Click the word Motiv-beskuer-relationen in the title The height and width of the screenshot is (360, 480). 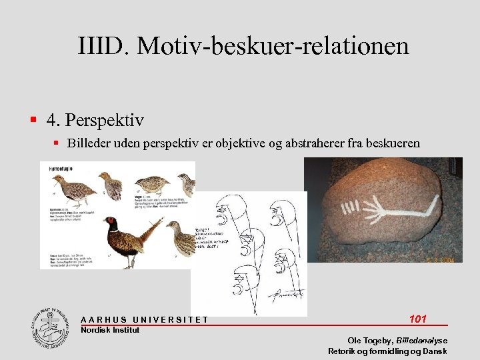(273, 46)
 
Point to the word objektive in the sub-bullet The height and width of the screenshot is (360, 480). (264, 143)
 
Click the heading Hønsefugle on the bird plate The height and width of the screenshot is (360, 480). (61, 169)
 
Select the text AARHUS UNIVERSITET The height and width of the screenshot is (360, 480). (144, 320)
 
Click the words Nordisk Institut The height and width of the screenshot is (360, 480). (110, 330)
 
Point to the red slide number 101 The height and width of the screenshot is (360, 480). (417, 319)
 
